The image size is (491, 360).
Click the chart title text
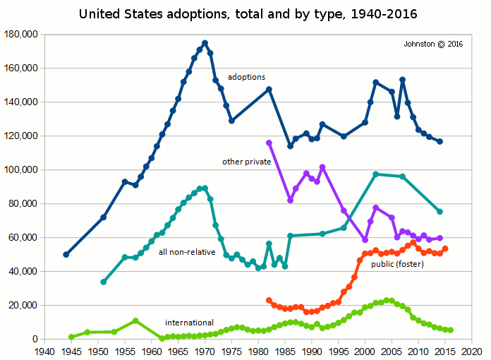tap(245, 13)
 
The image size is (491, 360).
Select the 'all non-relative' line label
tap(187, 251)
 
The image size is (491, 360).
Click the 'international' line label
tap(189, 323)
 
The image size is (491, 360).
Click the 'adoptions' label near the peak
tap(246, 76)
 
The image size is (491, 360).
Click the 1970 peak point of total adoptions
tap(205, 43)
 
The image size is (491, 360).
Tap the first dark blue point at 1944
tap(66, 254)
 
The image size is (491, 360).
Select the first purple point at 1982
tap(269, 143)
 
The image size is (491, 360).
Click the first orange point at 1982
tap(269, 300)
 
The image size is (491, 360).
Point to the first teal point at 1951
tap(104, 282)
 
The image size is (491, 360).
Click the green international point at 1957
tap(135, 320)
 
